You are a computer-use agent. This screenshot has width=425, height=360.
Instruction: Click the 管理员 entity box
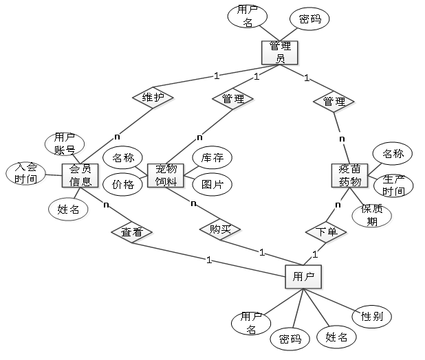[x=280, y=52]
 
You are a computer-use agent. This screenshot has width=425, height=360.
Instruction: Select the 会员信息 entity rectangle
[x=80, y=175]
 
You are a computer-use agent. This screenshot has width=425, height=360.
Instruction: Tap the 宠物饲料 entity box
[x=166, y=175]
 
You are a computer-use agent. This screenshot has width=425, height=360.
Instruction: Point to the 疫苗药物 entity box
[x=349, y=175]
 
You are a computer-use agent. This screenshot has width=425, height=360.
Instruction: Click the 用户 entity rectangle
[x=303, y=277]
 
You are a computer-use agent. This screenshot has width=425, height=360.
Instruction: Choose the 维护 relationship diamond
[x=153, y=98]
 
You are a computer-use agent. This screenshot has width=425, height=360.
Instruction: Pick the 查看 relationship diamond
[x=132, y=232]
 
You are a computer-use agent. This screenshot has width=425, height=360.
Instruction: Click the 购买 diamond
[x=220, y=229]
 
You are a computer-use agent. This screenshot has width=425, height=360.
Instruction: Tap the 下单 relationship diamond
[x=326, y=232]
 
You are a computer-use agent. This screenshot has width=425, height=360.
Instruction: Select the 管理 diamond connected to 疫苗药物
[x=334, y=102]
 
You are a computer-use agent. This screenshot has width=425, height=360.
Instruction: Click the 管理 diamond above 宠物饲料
[x=233, y=99]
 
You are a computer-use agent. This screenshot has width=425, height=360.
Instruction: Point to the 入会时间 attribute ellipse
[x=25, y=174]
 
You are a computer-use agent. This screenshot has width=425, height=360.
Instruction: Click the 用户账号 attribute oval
[x=65, y=144]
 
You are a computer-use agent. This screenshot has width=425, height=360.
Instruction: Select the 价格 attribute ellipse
[x=123, y=185]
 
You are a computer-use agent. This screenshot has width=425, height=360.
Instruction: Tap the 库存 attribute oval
[x=212, y=157]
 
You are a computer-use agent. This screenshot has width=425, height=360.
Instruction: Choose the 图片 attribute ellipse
[x=212, y=185]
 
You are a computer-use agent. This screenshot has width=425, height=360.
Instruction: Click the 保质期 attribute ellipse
[x=372, y=216]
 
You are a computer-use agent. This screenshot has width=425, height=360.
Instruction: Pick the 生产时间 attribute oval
[x=393, y=185]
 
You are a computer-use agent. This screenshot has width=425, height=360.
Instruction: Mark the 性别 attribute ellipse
[x=372, y=317]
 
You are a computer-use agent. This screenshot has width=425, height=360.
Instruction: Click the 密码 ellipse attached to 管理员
[x=309, y=19]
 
